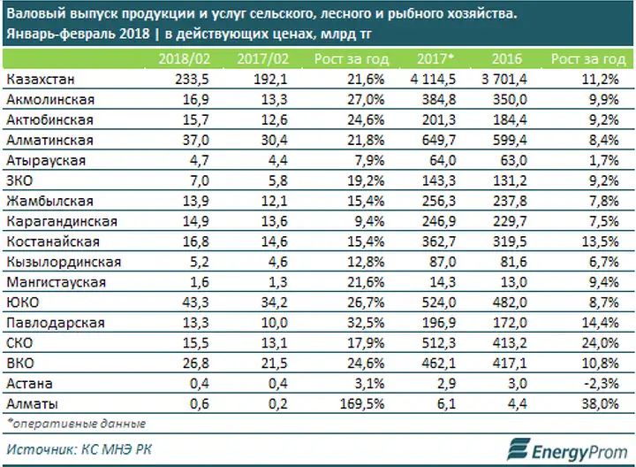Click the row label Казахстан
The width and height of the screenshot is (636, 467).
(41, 80)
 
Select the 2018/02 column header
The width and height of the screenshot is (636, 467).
(184, 59)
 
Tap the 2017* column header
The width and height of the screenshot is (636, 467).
(435, 59)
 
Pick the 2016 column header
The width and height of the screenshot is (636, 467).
(507, 59)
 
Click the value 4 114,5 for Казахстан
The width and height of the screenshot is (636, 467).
(433, 80)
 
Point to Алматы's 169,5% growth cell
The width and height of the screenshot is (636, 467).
(362, 404)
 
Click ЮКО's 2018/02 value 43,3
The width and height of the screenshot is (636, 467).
(196, 302)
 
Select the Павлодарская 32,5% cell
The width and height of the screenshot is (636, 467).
(366, 323)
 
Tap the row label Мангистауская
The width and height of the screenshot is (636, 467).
(57, 282)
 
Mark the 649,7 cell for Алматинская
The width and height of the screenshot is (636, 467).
(439, 140)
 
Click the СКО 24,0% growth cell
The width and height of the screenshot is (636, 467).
(601, 343)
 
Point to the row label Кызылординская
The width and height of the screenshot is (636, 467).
(64, 262)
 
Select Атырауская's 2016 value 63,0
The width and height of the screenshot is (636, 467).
(513, 160)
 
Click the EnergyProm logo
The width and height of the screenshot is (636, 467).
(567, 449)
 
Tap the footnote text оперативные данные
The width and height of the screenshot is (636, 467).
(79, 424)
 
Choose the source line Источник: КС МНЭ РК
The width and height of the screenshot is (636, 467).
(79, 449)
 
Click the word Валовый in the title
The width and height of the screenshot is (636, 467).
(36, 14)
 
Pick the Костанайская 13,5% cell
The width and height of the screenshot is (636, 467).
(601, 241)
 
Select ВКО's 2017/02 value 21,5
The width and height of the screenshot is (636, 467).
(274, 364)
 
